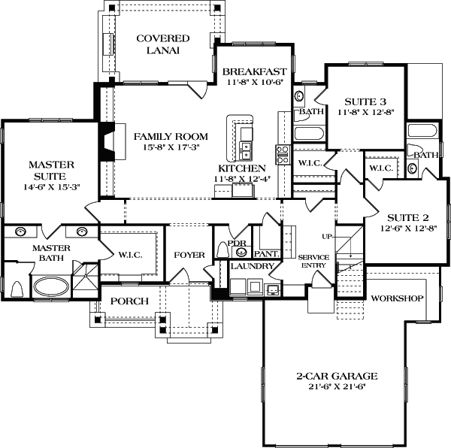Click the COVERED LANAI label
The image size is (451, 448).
(x=162, y=44)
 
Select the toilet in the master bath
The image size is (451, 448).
(x=17, y=289)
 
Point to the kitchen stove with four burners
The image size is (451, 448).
(x=283, y=154)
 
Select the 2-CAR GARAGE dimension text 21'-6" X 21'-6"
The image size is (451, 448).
(x=336, y=387)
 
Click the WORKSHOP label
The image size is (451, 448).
(x=397, y=298)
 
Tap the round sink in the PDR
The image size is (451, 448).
(x=241, y=252)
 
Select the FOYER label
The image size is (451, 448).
(x=189, y=255)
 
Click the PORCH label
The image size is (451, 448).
(x=129, y=301)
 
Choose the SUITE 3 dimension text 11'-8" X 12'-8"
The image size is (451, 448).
(x=365, y=112)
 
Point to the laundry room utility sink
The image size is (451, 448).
(x=273, y=289)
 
